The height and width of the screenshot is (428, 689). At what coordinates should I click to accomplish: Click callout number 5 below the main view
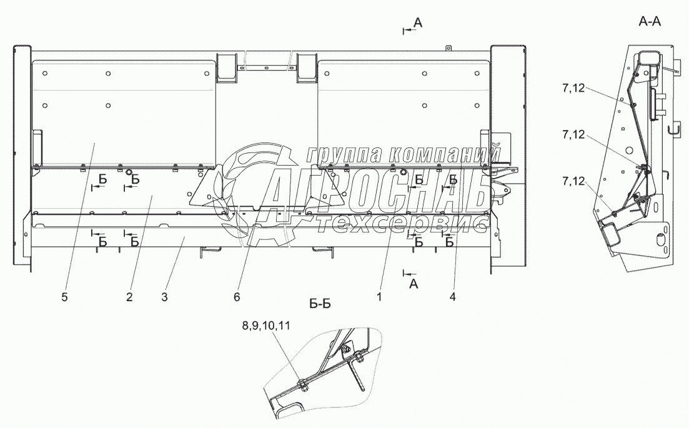[64, 297]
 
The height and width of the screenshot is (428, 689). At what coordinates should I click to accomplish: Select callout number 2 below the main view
[129, 297]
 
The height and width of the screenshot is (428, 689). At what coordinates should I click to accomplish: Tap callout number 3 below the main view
[164, 297]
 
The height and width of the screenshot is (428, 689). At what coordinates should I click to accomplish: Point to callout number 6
[237, 297]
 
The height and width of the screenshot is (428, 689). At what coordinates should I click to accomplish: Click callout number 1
[379, 297]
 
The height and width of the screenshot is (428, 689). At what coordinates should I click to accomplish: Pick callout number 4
[453, 297]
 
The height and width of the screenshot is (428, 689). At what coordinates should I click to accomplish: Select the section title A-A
[650, 21]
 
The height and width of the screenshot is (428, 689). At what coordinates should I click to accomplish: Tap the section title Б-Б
[319, 303]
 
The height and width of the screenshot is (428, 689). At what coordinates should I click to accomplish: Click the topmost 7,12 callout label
[573, 88]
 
